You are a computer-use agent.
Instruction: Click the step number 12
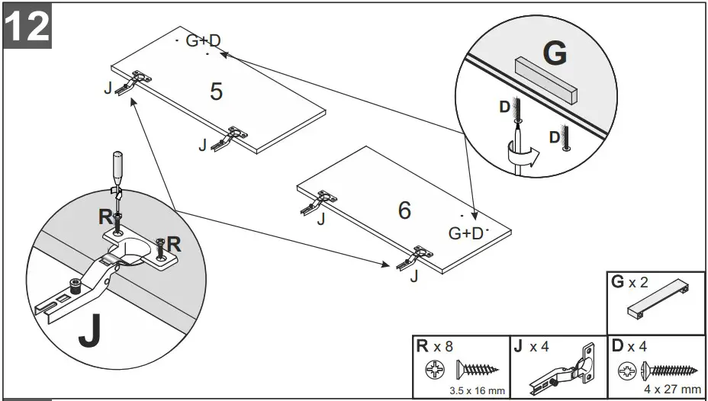pos(27,25)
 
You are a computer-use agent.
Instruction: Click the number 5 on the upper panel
pos(217,91)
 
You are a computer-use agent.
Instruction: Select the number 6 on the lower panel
pos(405,210)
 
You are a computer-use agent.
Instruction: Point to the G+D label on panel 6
pos(466,233)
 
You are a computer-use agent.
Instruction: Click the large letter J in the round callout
pos(91,331)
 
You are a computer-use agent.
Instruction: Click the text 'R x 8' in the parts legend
pos(434,347)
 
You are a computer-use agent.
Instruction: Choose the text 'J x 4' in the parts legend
pos(532,347)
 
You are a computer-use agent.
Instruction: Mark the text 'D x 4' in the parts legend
pos(629,347)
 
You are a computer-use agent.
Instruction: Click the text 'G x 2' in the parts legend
pos(629,283)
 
